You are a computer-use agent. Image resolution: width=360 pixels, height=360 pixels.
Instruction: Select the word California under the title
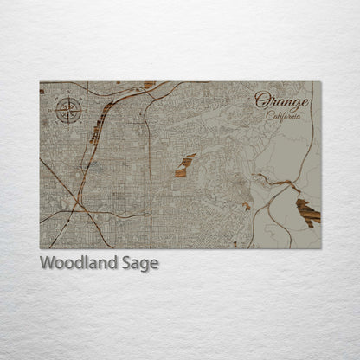pyautogui.click(x=284, y=115)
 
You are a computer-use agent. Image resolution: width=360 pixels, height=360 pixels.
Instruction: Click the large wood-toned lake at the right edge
pyautogui.click(x=307, y=211)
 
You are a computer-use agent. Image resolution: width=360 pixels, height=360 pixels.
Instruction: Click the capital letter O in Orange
pyautogui.click(x=262, y=100)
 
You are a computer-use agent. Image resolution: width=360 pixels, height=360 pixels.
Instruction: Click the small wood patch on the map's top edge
pyautogui.click(x=149, y=85)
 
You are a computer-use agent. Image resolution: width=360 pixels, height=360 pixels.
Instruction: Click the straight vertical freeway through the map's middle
pyautogui.click(x=149, y=173)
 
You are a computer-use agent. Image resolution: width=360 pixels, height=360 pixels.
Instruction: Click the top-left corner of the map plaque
pyautogui.click(x=40, y=82)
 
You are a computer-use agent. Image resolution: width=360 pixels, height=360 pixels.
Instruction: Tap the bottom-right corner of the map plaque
pyautogui.click(x=320, y=248)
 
